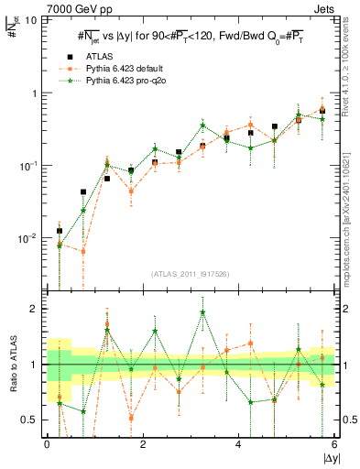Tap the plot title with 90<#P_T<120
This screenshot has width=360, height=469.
[191, 36]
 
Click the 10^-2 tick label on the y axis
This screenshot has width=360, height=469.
[29, 238]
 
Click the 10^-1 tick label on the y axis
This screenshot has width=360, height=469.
[29, 166]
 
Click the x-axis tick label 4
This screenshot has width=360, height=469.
[238, 444]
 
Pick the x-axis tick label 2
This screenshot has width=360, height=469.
[142, 444]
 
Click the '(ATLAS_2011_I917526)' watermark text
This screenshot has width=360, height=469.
[191, 273]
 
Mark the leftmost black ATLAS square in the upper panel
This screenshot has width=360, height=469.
[60, 231]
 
